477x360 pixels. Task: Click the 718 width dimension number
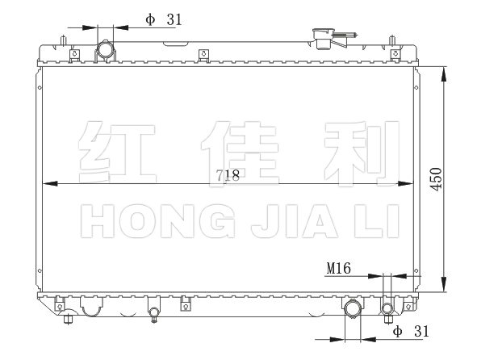(228, 175)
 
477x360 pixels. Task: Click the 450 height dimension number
(436, 179)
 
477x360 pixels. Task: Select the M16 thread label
(338, 269)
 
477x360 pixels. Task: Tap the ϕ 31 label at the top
(163, 20)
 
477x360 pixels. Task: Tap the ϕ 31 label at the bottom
(411, 331)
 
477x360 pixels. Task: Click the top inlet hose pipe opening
(105, 49)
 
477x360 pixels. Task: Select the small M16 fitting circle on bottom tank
(387, 308)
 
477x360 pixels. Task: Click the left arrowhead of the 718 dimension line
(50, 184)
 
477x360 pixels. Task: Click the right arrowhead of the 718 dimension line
(406, 184)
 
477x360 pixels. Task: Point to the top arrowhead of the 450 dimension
(444, 74)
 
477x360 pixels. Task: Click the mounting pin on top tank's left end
(63, 40)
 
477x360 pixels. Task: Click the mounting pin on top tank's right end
(392, 40)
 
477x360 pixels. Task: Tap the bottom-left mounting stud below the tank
(68, 320)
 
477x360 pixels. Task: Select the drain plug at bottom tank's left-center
(154, 314)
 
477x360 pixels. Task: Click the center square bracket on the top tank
(203, 55)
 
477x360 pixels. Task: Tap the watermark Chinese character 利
(362, 153)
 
